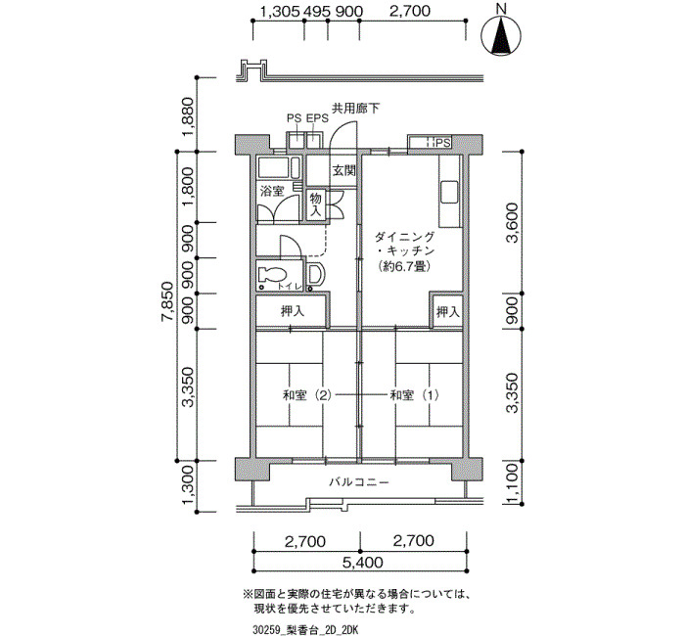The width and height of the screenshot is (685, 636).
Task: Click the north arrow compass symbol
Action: pos(501,36)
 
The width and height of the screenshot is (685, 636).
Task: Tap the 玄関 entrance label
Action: pos(343,170)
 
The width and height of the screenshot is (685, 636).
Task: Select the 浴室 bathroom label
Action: pos(272,191)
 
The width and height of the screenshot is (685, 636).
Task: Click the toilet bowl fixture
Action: pos(271,275)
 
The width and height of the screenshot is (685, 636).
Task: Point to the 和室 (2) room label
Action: pos(307,395)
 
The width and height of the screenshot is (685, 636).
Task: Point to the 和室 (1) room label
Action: pos(414,395)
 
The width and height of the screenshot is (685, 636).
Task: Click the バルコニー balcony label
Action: pos(359,482)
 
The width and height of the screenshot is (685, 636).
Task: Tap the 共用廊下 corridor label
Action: pos(355,109)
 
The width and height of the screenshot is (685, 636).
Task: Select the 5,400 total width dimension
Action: pos(363,562)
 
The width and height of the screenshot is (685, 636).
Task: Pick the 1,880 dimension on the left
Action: pos(188,115)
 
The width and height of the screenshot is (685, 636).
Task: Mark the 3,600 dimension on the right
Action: pos(513,223)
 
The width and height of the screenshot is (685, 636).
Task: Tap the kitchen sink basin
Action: pos(449,192)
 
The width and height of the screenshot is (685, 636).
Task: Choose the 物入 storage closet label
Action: pos(315,204)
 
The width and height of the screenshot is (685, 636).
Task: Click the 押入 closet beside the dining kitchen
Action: pos(448,312)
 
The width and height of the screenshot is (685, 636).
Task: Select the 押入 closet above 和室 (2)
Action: pos(293,311)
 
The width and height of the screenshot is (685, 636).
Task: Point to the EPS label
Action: pos(317,118)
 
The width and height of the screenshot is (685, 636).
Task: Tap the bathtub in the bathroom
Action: pos(279,168)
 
